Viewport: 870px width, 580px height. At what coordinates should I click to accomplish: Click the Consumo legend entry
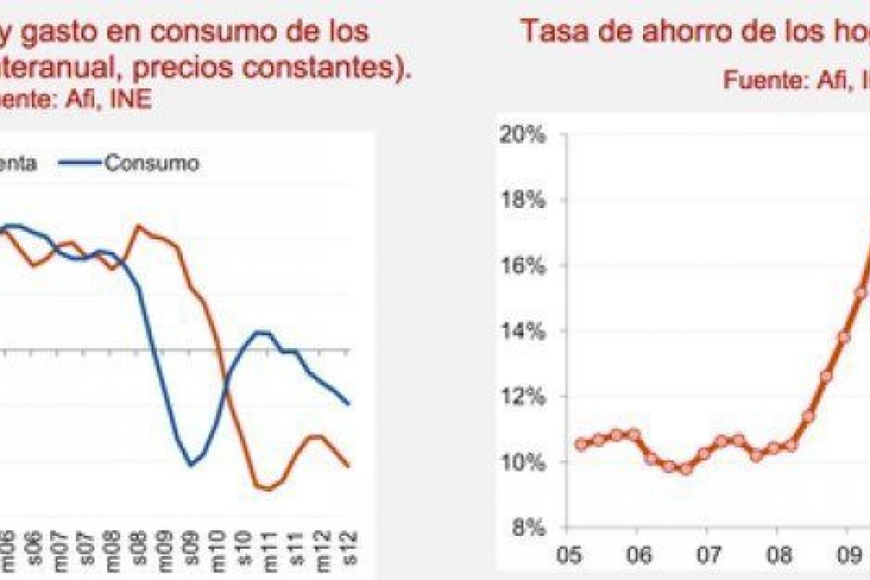pyautogui.click(x=151, y=163)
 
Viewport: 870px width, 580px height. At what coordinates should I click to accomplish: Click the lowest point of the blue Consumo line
pyautogui.click(x=191, y=465)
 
